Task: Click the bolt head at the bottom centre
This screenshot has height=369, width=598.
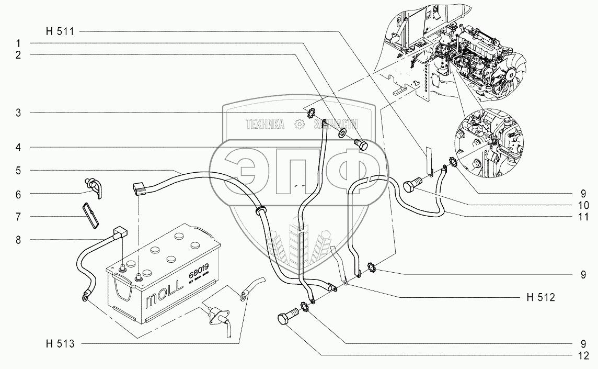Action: point(285,319)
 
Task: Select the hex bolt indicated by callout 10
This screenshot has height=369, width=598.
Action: point(411,185)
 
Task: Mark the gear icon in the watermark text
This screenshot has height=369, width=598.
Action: point(299,124)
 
